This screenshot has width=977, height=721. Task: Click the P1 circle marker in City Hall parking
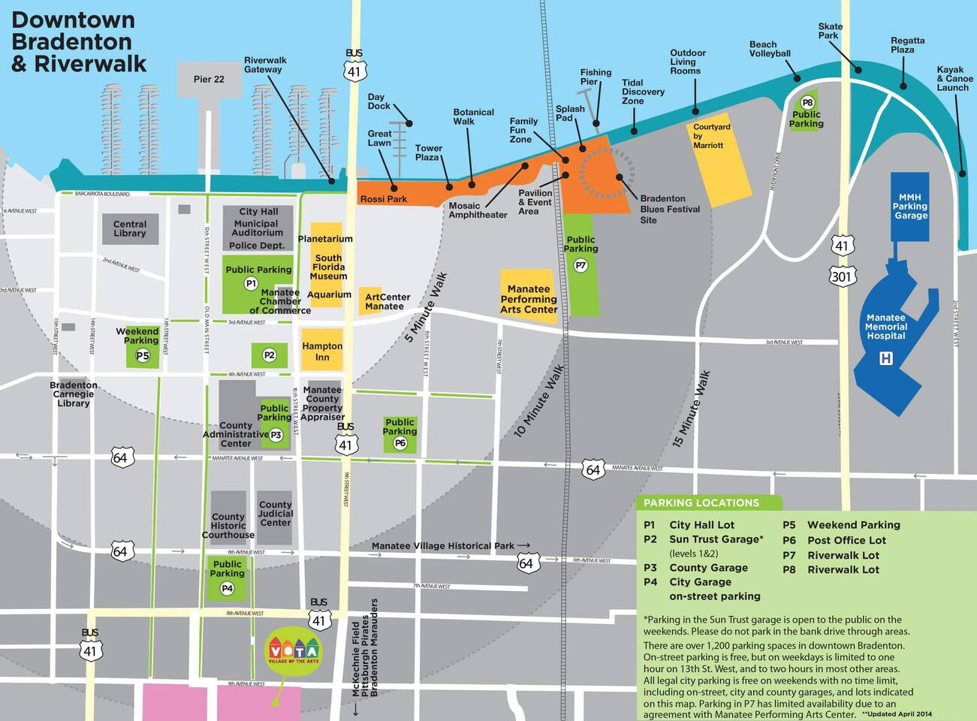click(251, 283)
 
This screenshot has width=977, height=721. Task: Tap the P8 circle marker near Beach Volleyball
click(807, 102)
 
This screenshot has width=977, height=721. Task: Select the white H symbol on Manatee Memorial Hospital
click(886, 359)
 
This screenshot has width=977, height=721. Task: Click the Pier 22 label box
click(209, 80)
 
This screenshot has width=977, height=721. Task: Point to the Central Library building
click(130, 229)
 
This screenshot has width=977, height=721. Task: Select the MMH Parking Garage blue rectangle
click(910, 207)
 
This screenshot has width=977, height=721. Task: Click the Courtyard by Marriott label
click(711, 136)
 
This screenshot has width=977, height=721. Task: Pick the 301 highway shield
click(842, 276)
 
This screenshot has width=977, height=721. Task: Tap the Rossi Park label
click(383, 199)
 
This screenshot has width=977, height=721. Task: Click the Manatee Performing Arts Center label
click(529, 299)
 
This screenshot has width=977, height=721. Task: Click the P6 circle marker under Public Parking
click(400, 443)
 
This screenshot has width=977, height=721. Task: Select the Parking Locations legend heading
click(701, 502)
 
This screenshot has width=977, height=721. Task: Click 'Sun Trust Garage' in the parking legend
click(715, 539)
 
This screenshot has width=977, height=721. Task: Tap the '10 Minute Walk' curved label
click(538, 402)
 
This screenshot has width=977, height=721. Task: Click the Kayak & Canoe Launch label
click(954, 79)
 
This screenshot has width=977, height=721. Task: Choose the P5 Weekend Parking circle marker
click(143, 356)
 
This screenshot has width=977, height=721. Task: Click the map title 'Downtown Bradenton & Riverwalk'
click(79, 42)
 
